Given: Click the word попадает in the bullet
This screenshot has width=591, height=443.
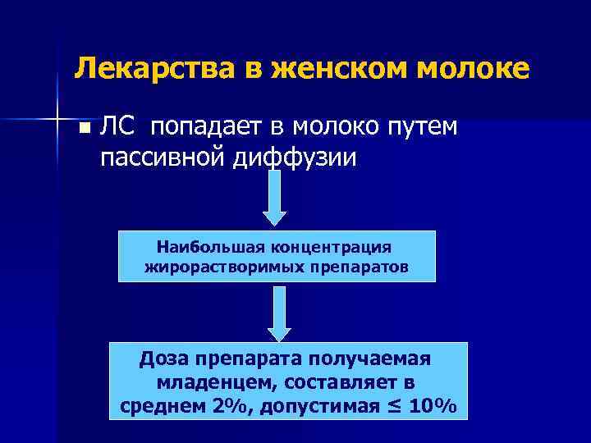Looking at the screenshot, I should [x=204, y=127].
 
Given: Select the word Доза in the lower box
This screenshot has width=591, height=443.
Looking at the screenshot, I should [x=164, y=360].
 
